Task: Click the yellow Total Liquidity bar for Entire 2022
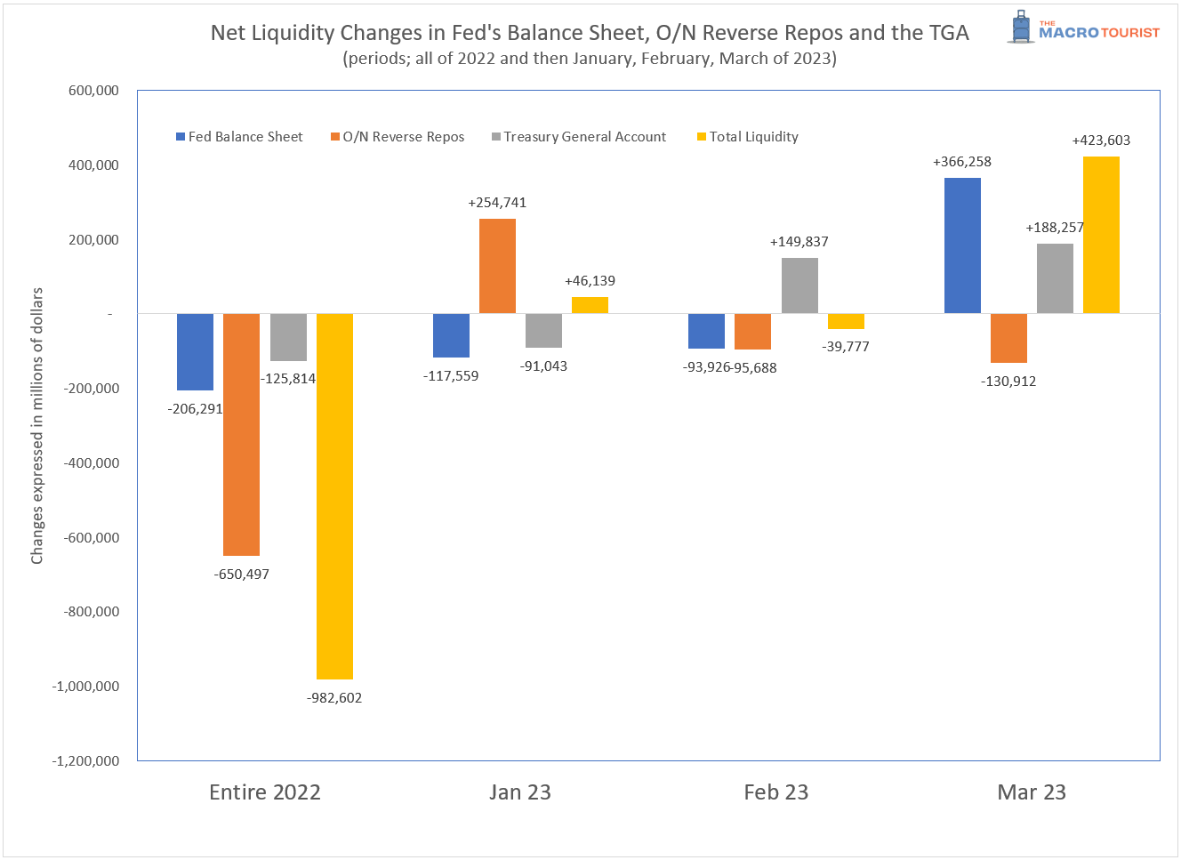pos(334,496)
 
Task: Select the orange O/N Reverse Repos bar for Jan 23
pos(497,266)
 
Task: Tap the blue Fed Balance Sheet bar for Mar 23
pos(962,245)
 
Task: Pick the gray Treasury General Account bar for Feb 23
pos(799,285)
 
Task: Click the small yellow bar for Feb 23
pos(846,321)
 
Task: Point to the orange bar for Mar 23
pos(1008,338)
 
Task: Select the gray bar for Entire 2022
pos(288,337)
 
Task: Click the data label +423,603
pos(1101,141)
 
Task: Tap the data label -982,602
pos(334,698)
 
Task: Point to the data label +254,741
pos(497,203)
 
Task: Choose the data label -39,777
pos(846,347)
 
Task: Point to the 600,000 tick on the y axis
pos(93,91)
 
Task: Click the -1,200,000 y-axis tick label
pos(85,761)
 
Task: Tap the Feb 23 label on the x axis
pos(775,792)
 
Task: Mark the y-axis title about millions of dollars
pos(37,425)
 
